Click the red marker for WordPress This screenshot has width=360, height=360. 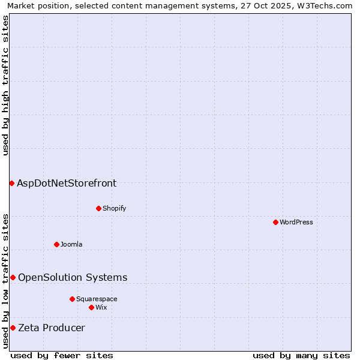[x=275, y=222]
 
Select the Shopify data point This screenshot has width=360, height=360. [x=98, y=208]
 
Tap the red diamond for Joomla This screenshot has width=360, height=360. [x=56, y=244]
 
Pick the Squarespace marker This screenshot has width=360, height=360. [x=72, y=299]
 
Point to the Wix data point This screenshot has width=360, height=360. [x=91, y=307]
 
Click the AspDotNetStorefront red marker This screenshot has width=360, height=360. [x=11, y=183]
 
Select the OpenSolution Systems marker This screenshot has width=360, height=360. [x=13, y=277]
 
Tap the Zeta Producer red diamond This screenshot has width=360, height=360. [x=13, y=328]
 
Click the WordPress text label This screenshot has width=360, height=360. [x=296, y=222]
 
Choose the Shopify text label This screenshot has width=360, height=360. [x=114, y=208]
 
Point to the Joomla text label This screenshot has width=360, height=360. [x=71, y=244]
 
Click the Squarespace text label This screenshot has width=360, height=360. [x=97, y=299]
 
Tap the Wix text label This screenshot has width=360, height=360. [x=101, y=307]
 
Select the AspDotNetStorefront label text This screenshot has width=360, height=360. [x=67, y=183]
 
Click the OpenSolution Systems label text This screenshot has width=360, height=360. [x=73, y=277]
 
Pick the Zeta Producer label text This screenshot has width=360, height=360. [x=52, y=328]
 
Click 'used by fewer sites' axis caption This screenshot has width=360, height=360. [x=62, y=355]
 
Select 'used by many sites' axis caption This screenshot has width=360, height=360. [x=301, y=355]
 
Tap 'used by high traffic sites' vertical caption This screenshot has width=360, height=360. [x=5, y=85]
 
